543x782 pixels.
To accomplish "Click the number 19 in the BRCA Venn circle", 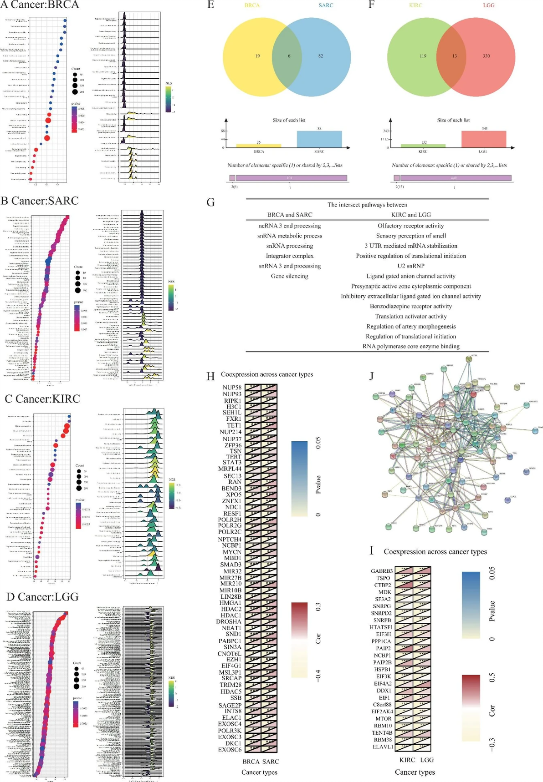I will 257,56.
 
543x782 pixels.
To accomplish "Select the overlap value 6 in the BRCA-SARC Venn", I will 289,56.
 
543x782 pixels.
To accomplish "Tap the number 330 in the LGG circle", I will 486,56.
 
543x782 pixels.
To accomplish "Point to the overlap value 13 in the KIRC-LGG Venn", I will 454,56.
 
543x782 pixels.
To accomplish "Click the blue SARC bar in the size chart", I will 319,139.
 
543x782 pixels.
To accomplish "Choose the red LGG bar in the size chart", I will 483,139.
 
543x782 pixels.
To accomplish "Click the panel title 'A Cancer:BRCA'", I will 40,5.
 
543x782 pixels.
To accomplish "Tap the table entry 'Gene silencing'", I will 289,276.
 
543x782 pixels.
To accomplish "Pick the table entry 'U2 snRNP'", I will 410,266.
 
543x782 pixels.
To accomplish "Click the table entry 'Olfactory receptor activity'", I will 410,226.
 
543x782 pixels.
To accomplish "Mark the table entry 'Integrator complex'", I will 289,256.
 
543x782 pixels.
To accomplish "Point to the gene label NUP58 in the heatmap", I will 232,388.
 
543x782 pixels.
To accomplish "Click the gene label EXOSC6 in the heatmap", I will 230,749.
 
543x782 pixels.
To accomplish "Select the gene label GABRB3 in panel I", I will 381,571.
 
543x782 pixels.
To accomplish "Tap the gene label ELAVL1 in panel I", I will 382,747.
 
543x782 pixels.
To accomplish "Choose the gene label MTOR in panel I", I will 383,718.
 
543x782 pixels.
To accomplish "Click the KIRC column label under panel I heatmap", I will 407,760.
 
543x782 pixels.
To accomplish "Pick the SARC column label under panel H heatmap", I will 271,761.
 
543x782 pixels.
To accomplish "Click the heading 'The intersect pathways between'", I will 367,205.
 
